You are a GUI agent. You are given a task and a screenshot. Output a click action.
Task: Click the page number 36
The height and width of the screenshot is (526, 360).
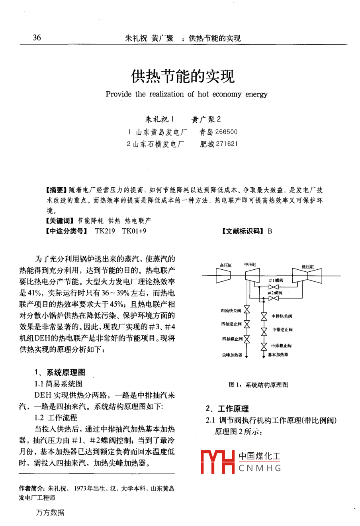(x=37, y=37)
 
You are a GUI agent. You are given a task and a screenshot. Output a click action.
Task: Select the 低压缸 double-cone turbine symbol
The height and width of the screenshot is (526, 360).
(x=307, y=276)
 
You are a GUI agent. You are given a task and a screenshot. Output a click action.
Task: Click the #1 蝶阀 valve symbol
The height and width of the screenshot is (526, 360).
(x=274, y=287)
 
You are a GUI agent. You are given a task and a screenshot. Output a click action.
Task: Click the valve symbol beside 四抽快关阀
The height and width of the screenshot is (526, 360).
(x=247, y=310)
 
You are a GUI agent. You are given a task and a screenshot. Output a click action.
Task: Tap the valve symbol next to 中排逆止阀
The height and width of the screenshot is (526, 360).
(x=264, y=331)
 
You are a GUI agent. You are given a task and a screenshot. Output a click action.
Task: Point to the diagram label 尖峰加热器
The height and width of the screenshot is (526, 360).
(x=232, y=355)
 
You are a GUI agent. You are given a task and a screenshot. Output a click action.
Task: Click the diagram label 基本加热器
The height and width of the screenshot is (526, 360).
(x=278, y=355)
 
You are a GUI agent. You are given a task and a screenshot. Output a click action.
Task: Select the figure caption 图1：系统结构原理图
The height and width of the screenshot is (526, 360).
(x=258, y=385)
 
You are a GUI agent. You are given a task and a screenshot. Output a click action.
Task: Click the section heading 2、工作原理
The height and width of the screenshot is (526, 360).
(x=227, y=408)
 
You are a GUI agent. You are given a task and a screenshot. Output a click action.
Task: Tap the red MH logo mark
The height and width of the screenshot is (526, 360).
(x=217, y=462)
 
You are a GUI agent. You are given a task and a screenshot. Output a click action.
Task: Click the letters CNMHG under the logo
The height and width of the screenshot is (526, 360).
(x=260, y=468)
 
